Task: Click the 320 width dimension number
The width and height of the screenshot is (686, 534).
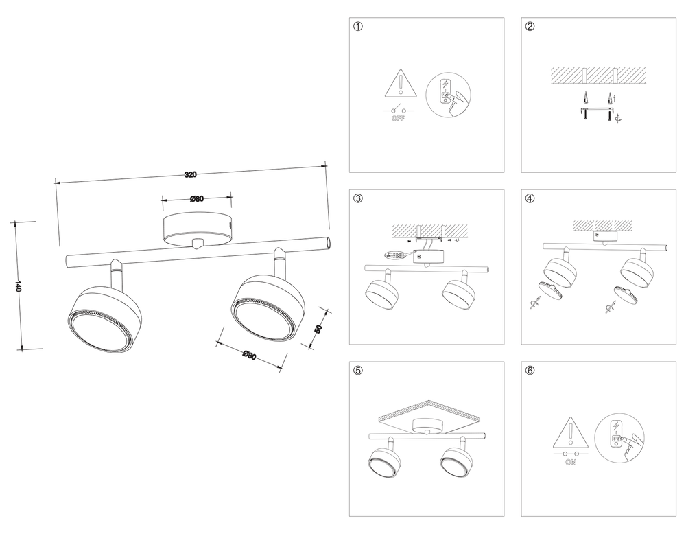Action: click(191, 174)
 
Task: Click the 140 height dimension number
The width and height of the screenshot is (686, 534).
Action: click(19, 286)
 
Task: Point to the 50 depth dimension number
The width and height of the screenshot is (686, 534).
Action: click(318, 329)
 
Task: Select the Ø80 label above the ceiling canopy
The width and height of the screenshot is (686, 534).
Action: click(196, 200)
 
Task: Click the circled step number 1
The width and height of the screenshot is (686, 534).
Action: click(357, 27)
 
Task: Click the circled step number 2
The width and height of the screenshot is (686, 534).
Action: click(530, 27)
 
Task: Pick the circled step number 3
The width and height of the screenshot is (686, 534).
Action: click(357, 199)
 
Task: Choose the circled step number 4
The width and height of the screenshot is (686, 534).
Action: click(530, 199)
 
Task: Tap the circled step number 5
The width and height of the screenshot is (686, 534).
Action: click(357, 371)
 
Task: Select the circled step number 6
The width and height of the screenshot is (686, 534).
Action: click(530, 371)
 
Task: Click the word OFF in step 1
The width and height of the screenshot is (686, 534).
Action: click(398, 119)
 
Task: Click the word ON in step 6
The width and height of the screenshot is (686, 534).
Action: click(570, 463)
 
